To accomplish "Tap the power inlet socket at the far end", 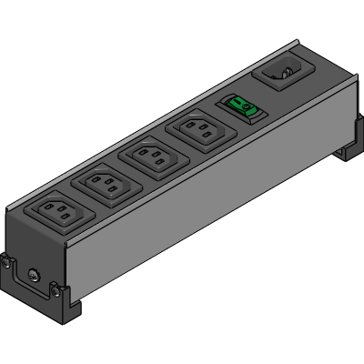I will coord(284,71).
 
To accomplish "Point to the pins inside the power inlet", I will coord(285,69).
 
